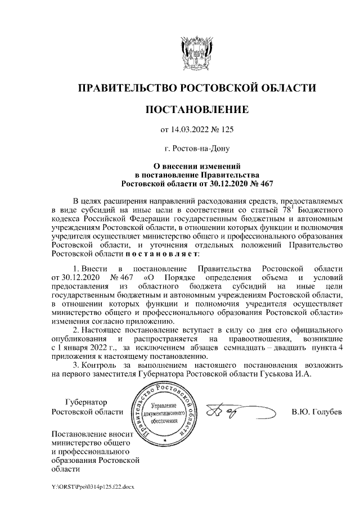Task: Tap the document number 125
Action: coord(226,130)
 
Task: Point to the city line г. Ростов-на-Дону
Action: coord(196,149)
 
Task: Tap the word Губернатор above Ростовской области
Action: coord(86,402)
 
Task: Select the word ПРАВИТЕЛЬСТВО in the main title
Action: coord(125,88)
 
